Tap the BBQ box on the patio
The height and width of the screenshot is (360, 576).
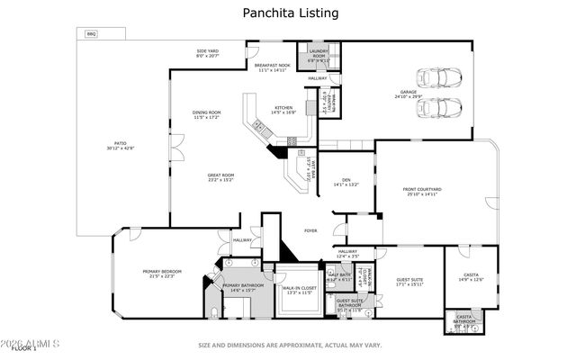(x=90, y=34)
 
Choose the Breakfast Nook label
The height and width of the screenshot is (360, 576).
(x=271, y=68)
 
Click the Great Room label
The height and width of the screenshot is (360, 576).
(x=220, y=176)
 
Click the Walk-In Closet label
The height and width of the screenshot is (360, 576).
(x=298, y=291)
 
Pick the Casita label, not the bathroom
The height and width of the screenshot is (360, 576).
(x=472, y=276)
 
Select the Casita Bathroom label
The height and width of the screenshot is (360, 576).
(x=463, y=319)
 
